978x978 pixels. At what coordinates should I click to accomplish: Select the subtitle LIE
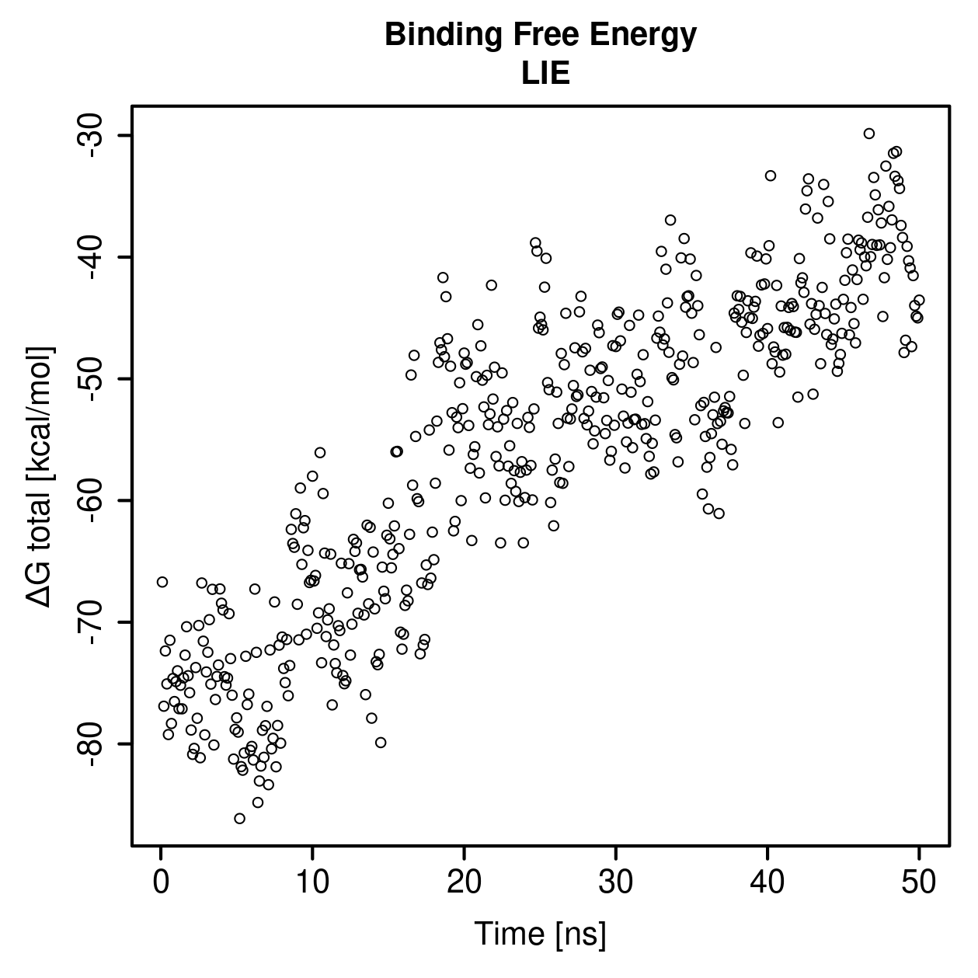tap(545, 74)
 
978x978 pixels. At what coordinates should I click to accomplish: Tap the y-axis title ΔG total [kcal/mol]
tap(40, 477)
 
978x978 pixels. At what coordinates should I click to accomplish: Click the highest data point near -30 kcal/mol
tap(869, 134)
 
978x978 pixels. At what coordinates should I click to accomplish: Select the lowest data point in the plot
tap(239, 818)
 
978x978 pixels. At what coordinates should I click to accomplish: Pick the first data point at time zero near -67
tap(162, 582)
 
